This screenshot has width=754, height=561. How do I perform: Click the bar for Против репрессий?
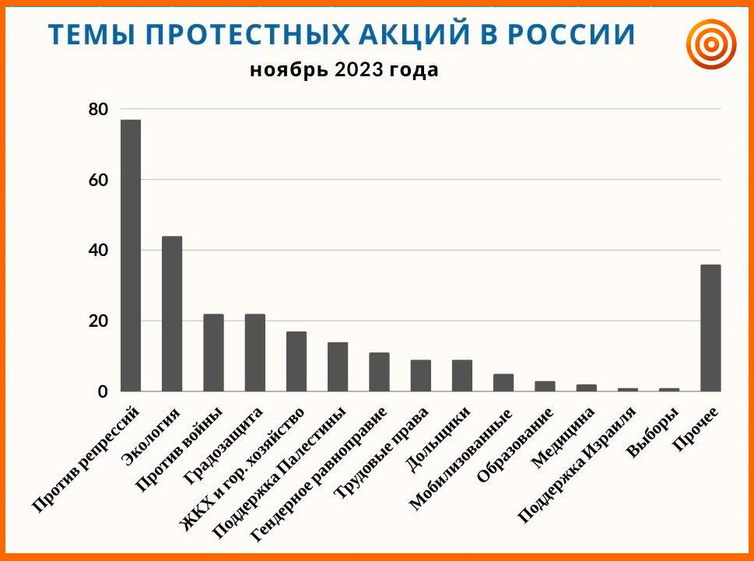coord(130,255)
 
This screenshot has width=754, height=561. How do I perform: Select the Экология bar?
coord(172,314)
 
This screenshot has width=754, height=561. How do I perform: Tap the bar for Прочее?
coord(710,328)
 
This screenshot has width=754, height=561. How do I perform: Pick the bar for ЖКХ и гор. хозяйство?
coord(296,362)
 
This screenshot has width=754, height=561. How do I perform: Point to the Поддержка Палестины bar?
coord(338,366)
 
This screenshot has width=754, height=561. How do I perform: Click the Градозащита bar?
coord(255,352)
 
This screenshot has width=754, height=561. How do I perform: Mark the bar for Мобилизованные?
coord(503,383)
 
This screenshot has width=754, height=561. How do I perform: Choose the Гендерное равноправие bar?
coord(379,372)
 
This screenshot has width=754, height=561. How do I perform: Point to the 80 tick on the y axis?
coord(99,110)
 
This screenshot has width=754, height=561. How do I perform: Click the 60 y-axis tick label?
coord(99,181)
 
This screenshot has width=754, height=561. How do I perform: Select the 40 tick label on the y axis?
coord(99,251)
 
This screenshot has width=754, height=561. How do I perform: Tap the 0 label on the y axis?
coord(103,392)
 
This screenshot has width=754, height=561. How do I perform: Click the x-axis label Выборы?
coord(653,433)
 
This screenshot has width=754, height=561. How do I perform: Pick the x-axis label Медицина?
coord(563,438)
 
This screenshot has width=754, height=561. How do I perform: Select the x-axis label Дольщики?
coord(437,440)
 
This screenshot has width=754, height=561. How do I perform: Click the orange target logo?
coord(711,44)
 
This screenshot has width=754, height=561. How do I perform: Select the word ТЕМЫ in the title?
coord(91,34)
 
